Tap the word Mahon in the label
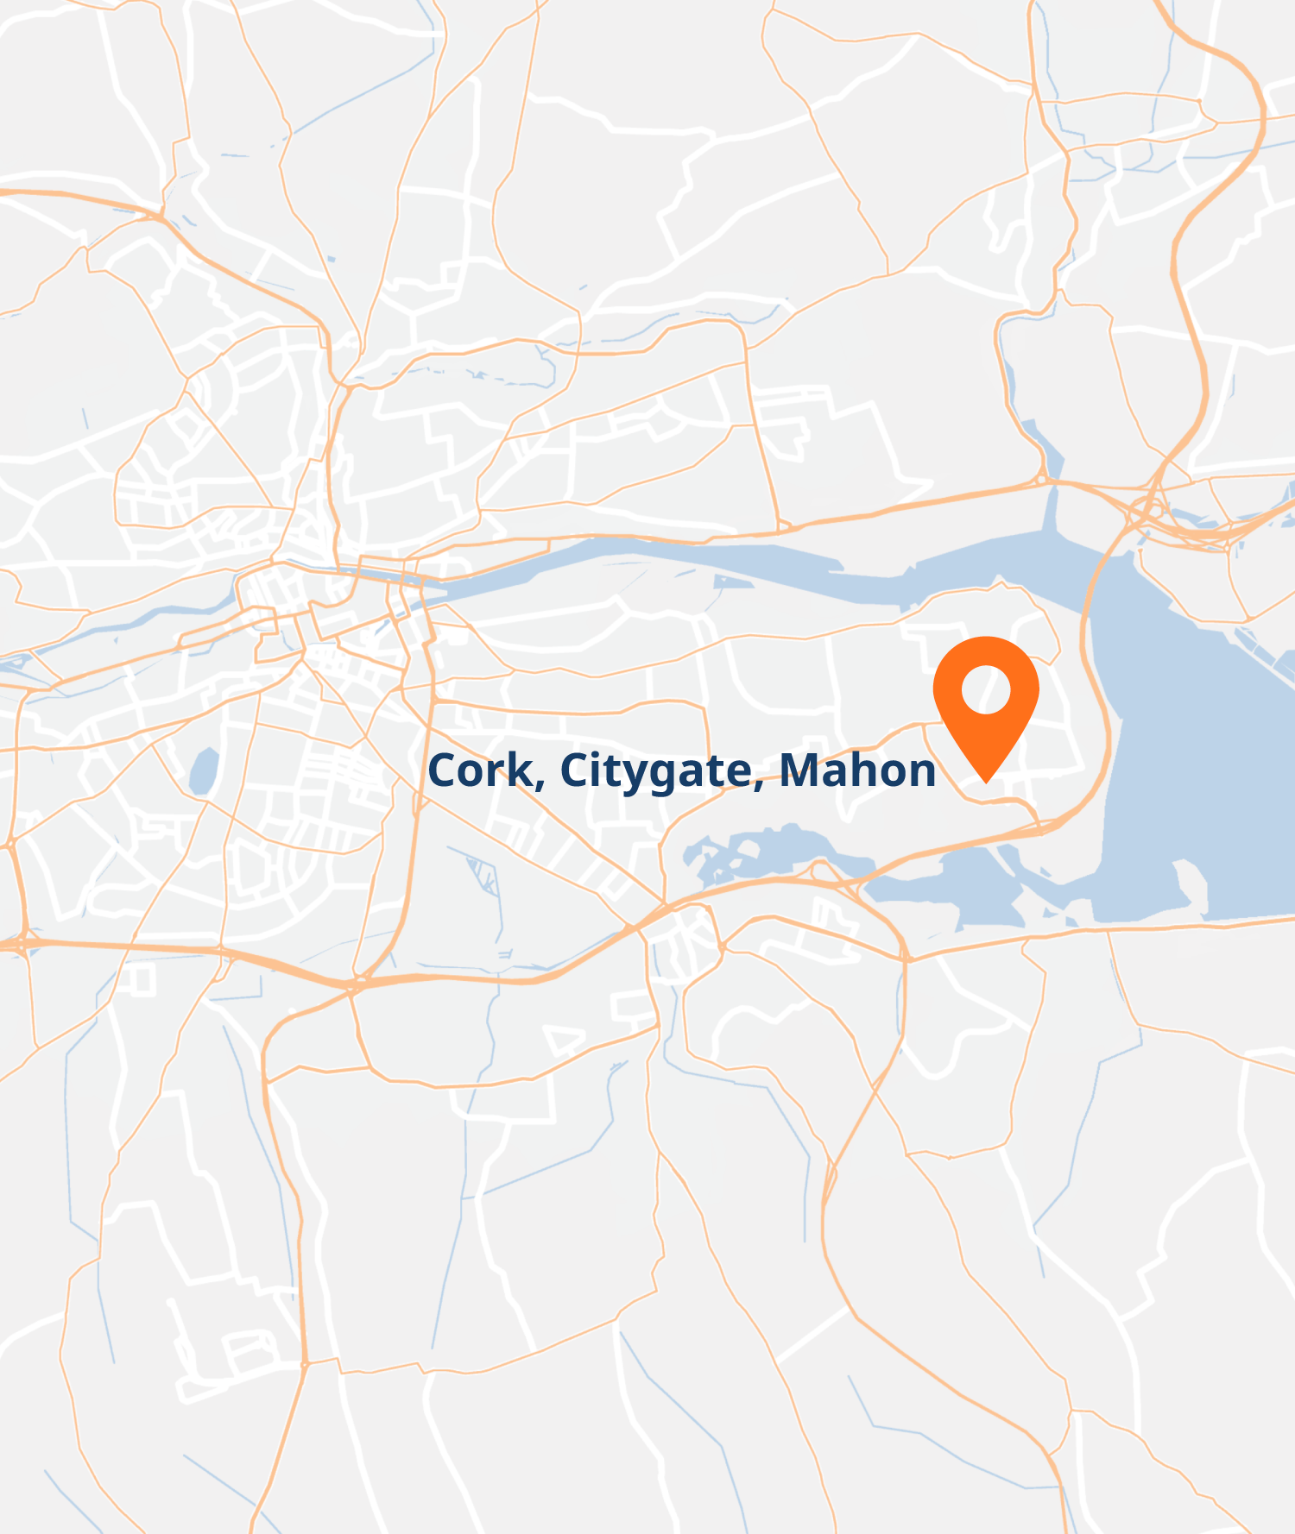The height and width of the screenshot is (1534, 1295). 857,770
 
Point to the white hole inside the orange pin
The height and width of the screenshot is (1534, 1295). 986,689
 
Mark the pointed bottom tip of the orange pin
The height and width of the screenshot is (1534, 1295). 986,782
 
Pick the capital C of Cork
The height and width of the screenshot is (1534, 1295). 444,770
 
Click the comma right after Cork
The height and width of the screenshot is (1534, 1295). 540,785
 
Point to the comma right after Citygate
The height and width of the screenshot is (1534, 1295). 759,785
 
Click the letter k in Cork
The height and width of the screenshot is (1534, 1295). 521,770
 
